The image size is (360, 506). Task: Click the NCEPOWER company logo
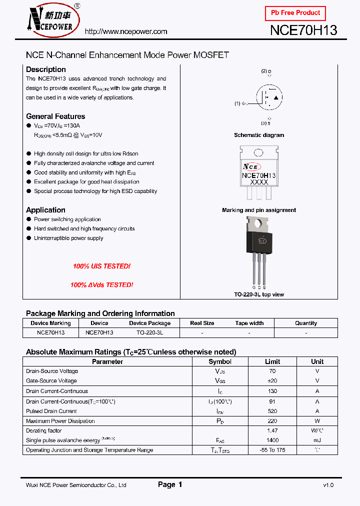pos(52,20)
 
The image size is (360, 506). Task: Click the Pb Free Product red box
pos(295,13)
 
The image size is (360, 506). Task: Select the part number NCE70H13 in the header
pos(303,30)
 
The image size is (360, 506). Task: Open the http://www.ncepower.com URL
pos(126,31)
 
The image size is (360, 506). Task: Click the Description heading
pos(46,69)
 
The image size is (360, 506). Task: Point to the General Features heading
pos(55,116)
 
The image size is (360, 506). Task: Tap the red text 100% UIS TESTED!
pos(101,266)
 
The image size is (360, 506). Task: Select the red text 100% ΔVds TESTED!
pos(101,285)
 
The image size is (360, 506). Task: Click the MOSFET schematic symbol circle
pos(269,96)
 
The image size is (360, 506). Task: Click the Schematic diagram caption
pos(259,135)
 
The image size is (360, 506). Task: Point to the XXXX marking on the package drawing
pos(259,182)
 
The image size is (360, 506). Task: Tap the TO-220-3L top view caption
pos(259,294)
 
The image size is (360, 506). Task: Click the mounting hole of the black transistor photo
pos(259,224)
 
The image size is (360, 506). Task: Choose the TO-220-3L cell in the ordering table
pos(149,332)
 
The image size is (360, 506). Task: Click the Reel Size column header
pos(202,323)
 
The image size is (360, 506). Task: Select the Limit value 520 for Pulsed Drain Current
pos(272,411)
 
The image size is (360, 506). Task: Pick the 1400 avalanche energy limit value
pos(272,440)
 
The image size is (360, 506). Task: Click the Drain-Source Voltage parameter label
pos(52,371)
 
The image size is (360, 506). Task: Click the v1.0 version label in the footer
pos(328,485)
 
